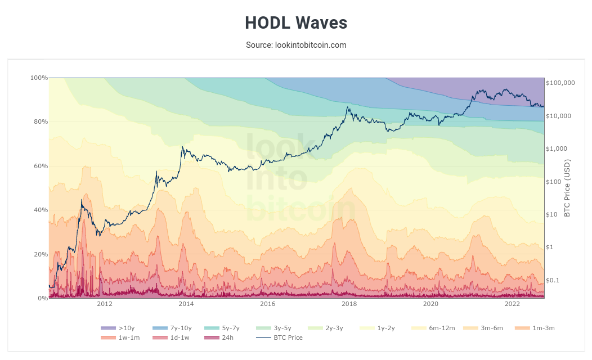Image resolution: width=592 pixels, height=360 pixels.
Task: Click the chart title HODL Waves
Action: pos(296,23)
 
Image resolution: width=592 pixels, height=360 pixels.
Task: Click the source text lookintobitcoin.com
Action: pos(296,45)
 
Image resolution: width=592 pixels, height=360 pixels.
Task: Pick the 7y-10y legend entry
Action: pos(172,328)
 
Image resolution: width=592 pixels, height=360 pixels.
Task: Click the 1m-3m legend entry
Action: pos(535,328)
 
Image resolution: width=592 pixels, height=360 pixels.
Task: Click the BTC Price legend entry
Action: pos(280,337)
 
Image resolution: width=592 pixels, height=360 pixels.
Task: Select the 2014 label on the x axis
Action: pos(186,304)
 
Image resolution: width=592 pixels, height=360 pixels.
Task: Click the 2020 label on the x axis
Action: pos(430,304)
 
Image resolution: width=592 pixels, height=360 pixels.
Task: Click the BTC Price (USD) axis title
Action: pos(567,188)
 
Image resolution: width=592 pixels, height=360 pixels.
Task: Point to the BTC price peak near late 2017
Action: pos(348,107)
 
